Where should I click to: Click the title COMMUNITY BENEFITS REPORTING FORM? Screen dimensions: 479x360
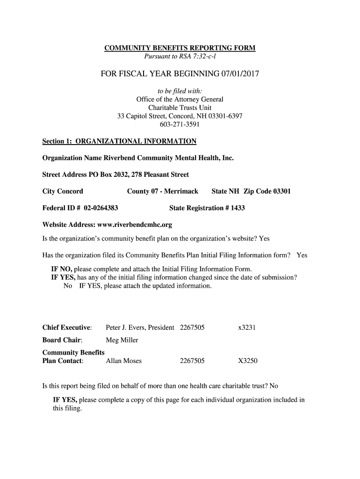pos(180,49)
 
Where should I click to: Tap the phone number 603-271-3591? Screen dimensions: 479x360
pos(180,124)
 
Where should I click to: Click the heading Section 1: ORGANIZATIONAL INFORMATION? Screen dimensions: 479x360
pos(119,141)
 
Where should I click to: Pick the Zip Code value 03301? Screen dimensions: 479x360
pos(282,191)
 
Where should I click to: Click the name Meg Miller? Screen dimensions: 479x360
pos(122,340)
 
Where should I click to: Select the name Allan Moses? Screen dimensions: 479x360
pos(124,361)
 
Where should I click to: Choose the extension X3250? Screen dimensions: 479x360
pos(248,361)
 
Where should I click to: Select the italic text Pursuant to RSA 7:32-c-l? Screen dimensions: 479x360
pos(180,57)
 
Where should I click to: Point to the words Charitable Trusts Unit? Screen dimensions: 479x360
pos(180,108)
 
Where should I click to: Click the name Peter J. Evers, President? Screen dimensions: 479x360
pos(140,327)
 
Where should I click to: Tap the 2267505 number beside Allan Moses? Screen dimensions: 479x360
pos(192,361)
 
